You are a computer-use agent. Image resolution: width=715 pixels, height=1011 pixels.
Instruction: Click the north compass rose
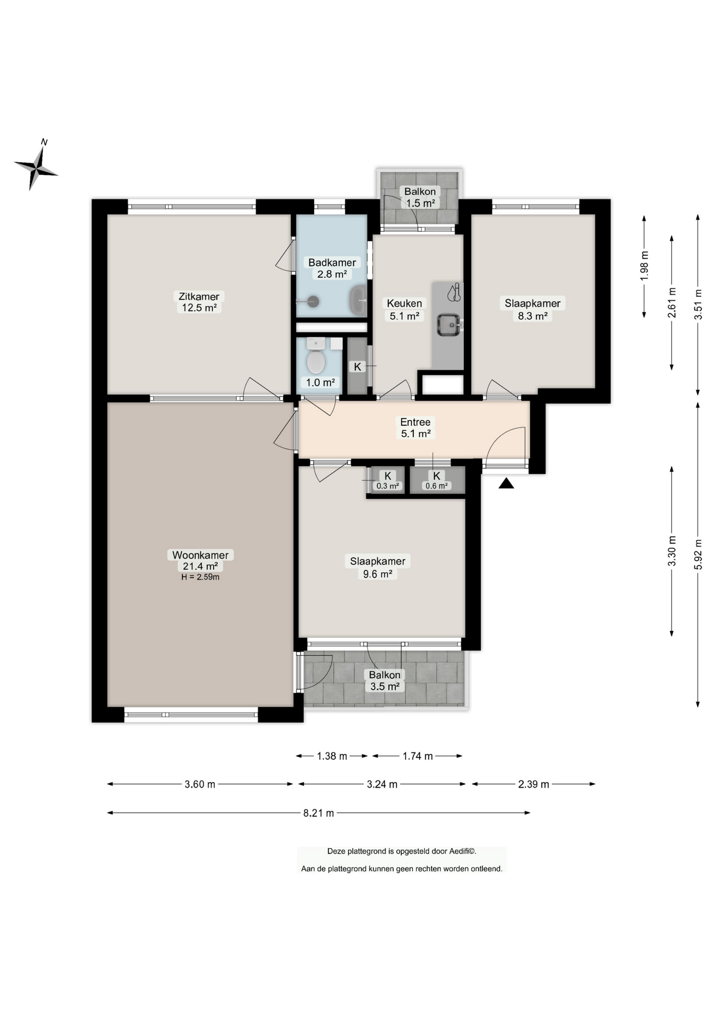pos(36,167)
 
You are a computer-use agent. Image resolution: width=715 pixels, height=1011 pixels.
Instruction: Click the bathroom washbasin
pos(359,300)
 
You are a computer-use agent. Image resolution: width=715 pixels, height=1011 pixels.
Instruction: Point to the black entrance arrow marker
pos(506,483)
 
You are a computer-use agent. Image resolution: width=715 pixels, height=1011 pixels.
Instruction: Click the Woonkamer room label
pos(200,555)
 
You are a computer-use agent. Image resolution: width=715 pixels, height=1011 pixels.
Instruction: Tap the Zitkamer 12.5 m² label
pos(199,302)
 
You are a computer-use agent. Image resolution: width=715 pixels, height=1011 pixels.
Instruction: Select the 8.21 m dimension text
pos(319,812)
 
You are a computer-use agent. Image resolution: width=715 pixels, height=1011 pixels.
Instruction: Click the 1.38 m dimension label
pos(332,756)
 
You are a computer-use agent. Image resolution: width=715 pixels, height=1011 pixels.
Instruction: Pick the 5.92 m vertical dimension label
pos(698,554)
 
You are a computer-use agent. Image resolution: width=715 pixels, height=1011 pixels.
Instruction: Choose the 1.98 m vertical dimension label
pos(644,266)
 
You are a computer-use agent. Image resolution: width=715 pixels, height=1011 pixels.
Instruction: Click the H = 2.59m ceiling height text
pos(200,577)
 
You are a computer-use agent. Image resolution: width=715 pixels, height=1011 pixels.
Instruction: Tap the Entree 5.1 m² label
pos(415,428)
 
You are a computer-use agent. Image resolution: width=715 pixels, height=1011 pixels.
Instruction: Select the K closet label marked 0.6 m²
pos(436,480)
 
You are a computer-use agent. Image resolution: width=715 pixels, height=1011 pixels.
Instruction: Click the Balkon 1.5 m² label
pos(420,197)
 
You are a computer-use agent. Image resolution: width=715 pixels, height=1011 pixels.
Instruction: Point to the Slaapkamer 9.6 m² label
pos(378,568)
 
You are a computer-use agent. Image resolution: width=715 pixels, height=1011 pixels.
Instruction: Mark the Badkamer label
pos(332,262)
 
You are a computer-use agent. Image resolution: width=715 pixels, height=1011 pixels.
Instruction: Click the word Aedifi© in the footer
pos(463,851)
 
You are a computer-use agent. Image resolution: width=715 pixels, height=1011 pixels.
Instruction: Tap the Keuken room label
pos(404,303)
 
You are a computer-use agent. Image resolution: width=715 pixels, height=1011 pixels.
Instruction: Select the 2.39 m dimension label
pos(533,784)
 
